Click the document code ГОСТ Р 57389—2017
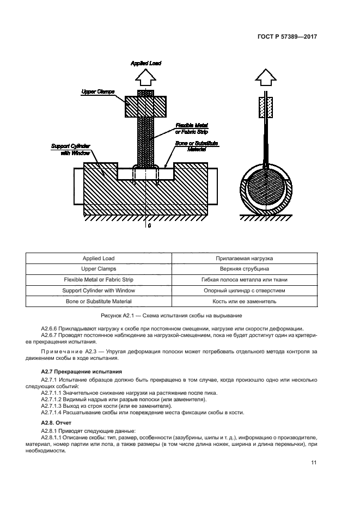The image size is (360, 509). pos(287,36)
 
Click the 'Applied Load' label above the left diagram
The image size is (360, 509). pos(146,63)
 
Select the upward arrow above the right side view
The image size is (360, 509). pos(266,78)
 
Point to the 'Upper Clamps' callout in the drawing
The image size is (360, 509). pos(97,92)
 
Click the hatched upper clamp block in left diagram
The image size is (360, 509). pos(146,106)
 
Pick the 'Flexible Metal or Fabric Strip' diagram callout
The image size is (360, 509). pos(192,128)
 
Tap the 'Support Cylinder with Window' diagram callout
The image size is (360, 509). pos(71,150)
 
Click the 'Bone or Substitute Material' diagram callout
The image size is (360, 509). pos(197,146)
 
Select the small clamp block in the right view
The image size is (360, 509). pos(266,107)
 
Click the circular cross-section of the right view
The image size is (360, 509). pos(266,189)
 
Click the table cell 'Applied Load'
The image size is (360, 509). pos(99,259)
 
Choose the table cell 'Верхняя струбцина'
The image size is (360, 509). pos(245,269)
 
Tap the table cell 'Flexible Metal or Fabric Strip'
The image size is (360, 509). pos(99,279)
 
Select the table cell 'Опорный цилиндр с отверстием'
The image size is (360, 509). pos(245,291)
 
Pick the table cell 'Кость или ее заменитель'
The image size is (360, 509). pos(245,301)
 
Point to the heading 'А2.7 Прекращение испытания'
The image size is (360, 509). pos(82,372)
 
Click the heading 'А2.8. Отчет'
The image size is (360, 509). pos(56,423)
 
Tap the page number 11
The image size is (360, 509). pos(314,463)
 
